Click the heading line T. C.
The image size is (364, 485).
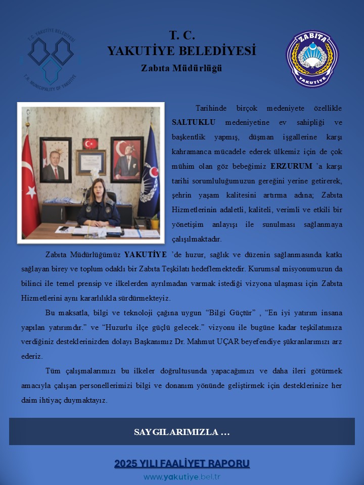(181, 35)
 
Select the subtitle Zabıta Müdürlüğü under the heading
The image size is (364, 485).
(181, 68)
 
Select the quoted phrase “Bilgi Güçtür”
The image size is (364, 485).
(229, 313)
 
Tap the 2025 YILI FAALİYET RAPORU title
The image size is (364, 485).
(182, 463)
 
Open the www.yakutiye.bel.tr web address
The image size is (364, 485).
(182, 477)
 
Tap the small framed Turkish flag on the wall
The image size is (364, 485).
(90, 143)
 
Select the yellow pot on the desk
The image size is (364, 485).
(154, 223)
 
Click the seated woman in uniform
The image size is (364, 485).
(99, 202)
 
